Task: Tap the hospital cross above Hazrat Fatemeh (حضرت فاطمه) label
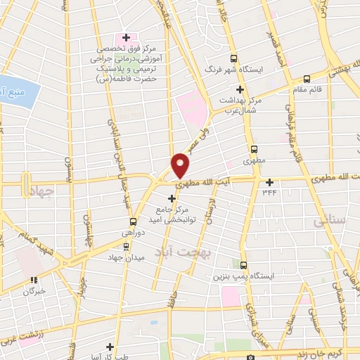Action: (x=126, y=37)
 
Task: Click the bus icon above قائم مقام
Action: (x=306, y=79)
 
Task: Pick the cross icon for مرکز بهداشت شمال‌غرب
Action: (x=240, y=89)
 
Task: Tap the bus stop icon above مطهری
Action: (x=254, y=149)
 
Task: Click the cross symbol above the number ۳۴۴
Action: (x=269, y=181)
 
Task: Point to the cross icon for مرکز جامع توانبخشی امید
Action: (x=172, y=199)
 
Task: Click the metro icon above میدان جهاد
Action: (x=126, y=246)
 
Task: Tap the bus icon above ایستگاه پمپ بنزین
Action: (x=244, y=265)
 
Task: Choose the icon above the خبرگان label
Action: (x=30, y=278)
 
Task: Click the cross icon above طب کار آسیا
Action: (x=110, y=346)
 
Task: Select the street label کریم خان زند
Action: (x=323, y=354)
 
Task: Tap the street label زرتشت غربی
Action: (x=21, y=334)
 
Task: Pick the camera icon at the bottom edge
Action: (x=250, y=356)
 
